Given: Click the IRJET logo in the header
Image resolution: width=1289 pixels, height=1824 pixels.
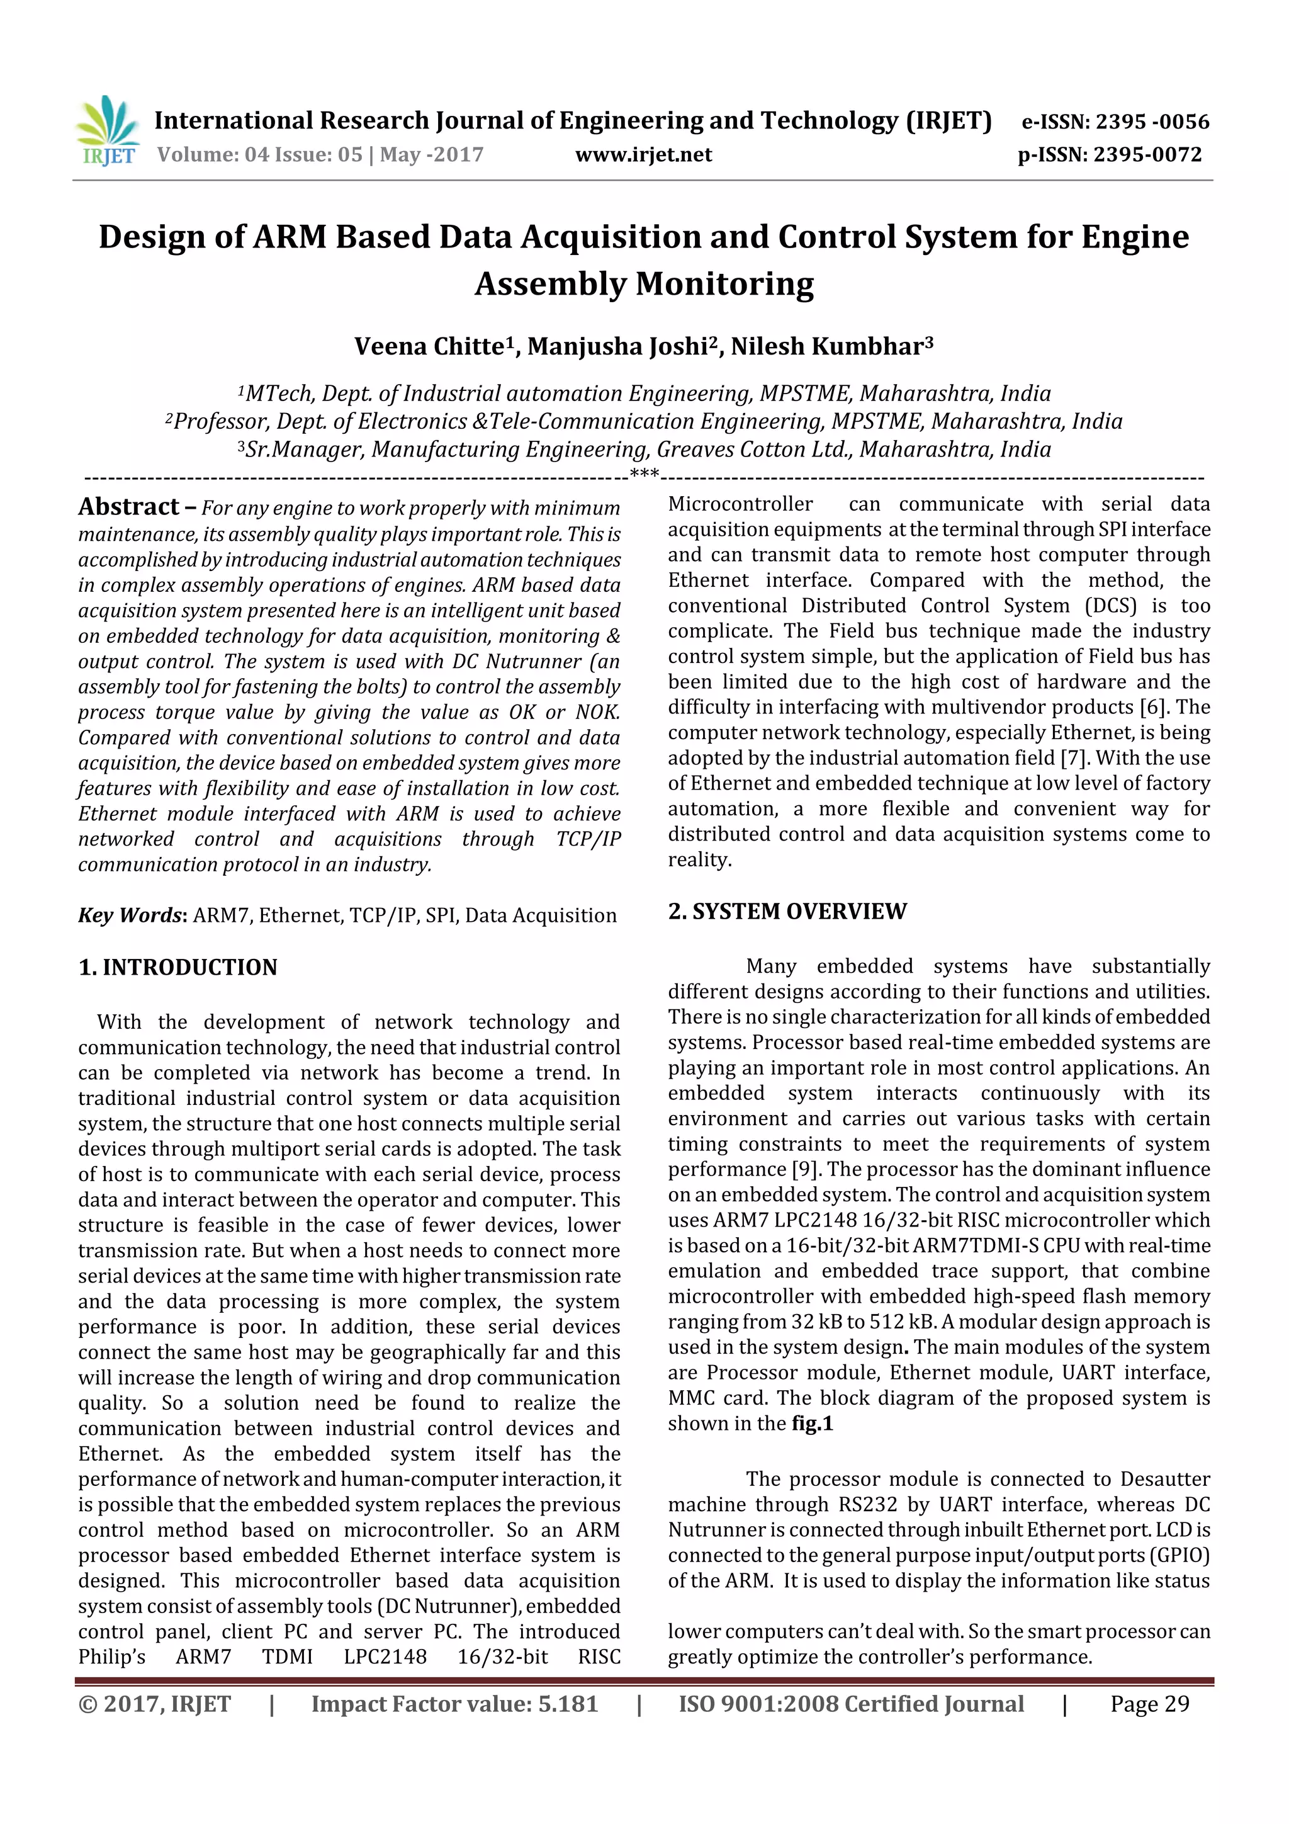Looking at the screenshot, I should click(107, 130).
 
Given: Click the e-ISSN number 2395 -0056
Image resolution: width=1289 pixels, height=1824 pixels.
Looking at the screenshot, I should click(1152, 122).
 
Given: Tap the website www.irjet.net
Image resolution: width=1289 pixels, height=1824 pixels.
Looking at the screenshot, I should click(643, 155).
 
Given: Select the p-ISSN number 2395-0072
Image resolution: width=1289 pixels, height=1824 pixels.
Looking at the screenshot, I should click(1147, 155).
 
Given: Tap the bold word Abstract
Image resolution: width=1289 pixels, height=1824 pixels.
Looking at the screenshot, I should click(128, 507).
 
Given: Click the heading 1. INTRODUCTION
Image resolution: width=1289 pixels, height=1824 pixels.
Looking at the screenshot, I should click(178, 967).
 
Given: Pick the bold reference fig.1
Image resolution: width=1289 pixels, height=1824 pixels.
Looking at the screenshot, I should click(812, 1423).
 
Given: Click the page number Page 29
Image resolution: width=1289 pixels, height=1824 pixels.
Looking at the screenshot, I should click(1149, 1704).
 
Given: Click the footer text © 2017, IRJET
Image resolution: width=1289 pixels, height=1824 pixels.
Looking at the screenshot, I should click(155, 1704).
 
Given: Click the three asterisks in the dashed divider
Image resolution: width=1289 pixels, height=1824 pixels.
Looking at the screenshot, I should click(643, 475).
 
